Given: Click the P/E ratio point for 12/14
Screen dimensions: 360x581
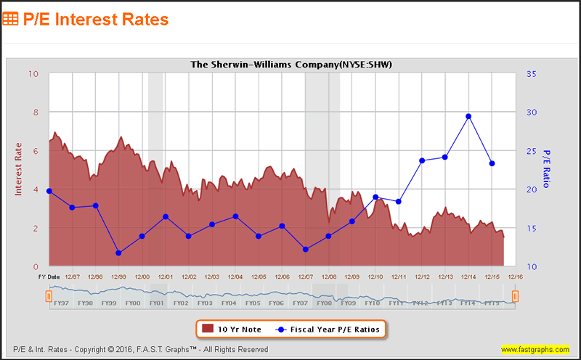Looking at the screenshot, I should tap(468, 116).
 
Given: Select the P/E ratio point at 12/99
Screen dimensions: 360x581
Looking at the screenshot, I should tap(118, 253).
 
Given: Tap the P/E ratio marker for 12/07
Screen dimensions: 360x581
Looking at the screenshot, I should tap(306, 249).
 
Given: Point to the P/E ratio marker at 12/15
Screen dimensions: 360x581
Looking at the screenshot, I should tap(492, 163).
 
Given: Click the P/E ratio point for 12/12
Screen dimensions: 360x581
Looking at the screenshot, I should tap(422, 160).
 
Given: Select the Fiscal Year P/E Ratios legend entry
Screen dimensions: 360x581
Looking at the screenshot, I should tap(328, 329).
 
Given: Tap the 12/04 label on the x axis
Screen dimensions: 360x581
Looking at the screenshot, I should tap(235, 277).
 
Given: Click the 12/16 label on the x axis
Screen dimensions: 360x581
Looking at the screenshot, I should tap(515, 277).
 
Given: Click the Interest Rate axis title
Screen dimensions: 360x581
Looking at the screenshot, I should tap(20, 169).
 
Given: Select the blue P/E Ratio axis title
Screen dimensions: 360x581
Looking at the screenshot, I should tap(547, 169).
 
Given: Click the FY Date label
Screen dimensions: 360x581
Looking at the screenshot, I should tap(49, 277).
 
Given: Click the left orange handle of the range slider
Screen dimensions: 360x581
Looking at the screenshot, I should tap(49, 296).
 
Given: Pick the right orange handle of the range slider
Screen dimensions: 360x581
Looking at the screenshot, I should tap(515, 296).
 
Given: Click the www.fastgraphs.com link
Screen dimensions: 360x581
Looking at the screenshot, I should tap(535, 349).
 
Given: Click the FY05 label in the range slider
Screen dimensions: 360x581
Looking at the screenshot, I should tap(253, 303).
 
